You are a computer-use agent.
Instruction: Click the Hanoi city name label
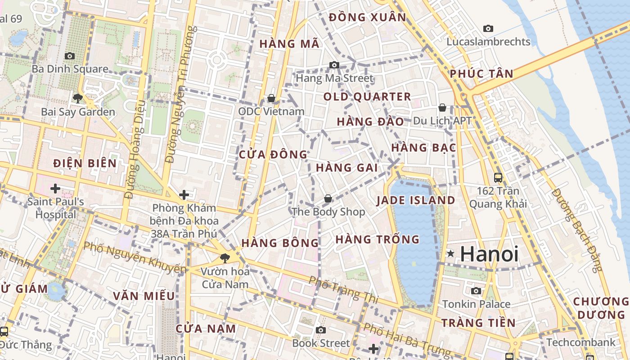point(489,254)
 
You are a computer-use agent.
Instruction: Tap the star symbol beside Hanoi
point(450,254)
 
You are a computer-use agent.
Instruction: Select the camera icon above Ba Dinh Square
point(70,56)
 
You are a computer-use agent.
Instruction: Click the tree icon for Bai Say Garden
point(78,98)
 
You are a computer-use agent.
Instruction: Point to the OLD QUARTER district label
point(367,97)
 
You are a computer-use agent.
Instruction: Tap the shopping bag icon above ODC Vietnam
point(271,98)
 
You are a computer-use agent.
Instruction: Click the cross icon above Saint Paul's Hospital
point(55,189)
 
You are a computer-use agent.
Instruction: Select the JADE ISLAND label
point(416,200)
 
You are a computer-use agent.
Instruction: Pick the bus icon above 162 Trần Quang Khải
point(498,177)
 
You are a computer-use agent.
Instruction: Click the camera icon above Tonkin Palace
point(476,291)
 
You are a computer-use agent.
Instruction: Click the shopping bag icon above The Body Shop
point(328,198)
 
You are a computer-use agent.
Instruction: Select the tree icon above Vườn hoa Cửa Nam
point(225,258)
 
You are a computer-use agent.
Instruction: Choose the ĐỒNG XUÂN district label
point(367,18)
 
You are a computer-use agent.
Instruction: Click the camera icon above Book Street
point(321,330)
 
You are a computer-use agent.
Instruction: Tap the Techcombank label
point(580,342)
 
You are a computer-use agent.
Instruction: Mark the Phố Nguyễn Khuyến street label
point(135,258)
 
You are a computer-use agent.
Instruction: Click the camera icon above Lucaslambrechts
point(488,29)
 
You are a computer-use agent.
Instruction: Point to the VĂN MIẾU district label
point(144,296)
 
